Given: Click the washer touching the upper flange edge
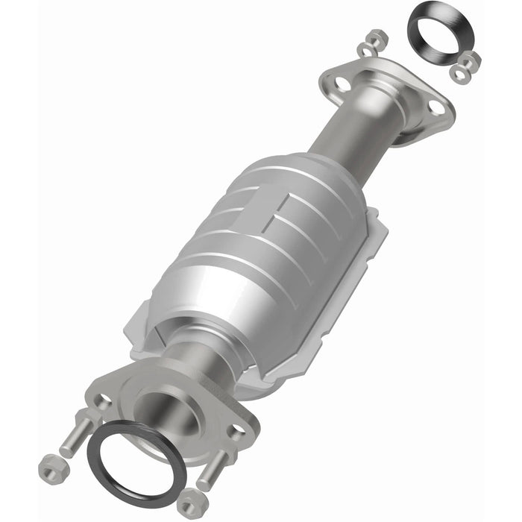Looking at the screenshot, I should [365, 49].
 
